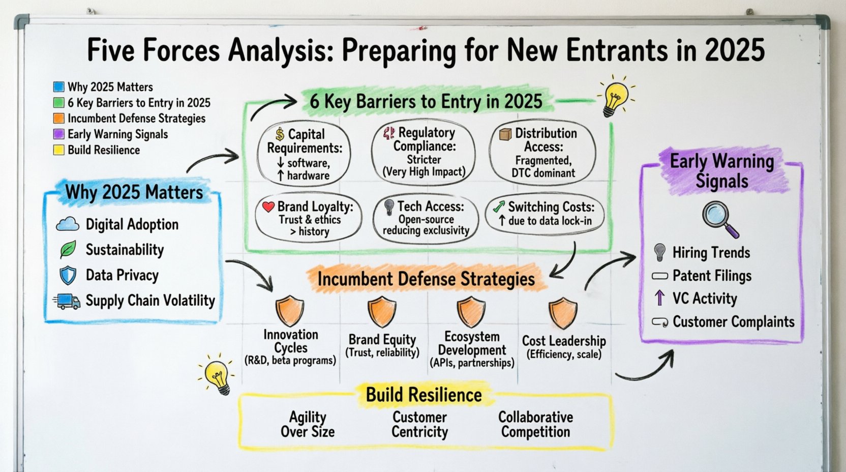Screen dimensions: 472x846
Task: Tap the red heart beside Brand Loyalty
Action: click(x=268, y=206)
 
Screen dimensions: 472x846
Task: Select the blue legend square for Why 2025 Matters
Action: click(x=59, y=87)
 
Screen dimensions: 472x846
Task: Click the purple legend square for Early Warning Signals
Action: click(x=59, y=134)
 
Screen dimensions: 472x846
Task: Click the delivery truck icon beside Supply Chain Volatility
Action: click(x=67, y=301)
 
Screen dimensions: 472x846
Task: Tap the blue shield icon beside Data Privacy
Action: click(x=68, y=276)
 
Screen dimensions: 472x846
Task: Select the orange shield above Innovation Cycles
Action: click(x=289, y=311)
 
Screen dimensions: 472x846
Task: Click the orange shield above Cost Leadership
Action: click(x=563, y=313)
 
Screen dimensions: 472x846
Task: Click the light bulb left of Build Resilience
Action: click(x=218, y=375)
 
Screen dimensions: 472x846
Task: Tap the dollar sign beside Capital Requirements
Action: click(x=280, y=134)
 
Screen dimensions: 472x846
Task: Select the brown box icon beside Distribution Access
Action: click(x=505, y=134)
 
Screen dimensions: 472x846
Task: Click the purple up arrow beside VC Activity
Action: click(x=659, y=298)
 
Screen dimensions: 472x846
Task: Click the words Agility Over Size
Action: click(x=308, y=425)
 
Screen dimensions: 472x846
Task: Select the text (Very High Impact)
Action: click(x=424, y=172)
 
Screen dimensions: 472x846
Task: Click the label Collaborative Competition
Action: click(x=535, y=425)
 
